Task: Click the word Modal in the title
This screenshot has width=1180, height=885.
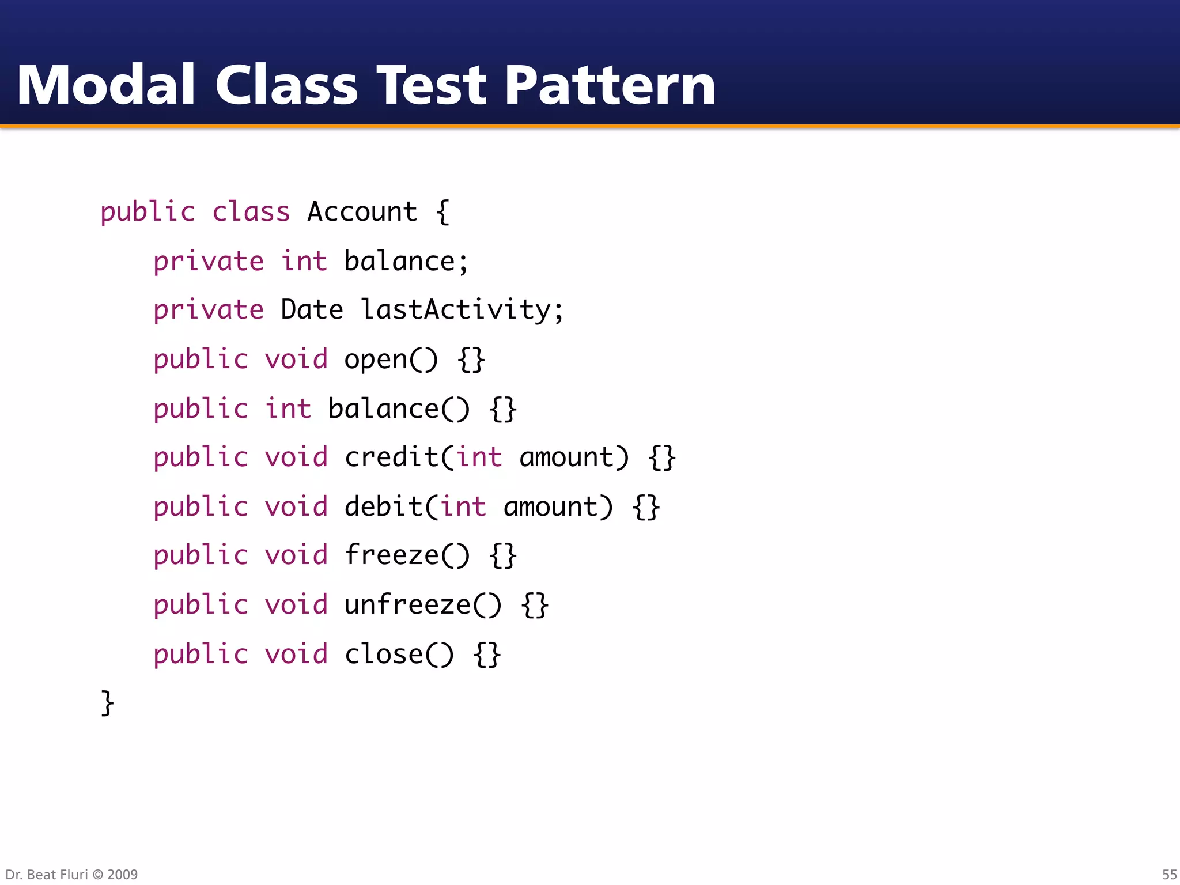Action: [106, 85]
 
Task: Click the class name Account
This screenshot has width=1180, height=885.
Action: [362, 211]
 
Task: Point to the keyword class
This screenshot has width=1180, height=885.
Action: [251, 211]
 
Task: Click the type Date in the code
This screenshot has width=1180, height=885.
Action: [312, 309]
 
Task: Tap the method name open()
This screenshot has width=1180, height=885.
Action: [391, 360]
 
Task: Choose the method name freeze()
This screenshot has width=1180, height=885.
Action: [407, 555]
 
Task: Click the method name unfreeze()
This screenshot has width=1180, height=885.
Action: [423, 605]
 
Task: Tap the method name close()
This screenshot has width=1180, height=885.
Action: [399, 655]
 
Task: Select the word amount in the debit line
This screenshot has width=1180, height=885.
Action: [551, 507]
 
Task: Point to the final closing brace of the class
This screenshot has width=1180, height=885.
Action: [107, 703]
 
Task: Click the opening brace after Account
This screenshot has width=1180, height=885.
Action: [442, 212]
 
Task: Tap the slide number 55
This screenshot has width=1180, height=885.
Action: [1169, 874]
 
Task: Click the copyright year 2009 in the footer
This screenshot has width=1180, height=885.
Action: [122, 874]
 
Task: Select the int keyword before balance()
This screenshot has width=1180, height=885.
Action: [288, 409]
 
